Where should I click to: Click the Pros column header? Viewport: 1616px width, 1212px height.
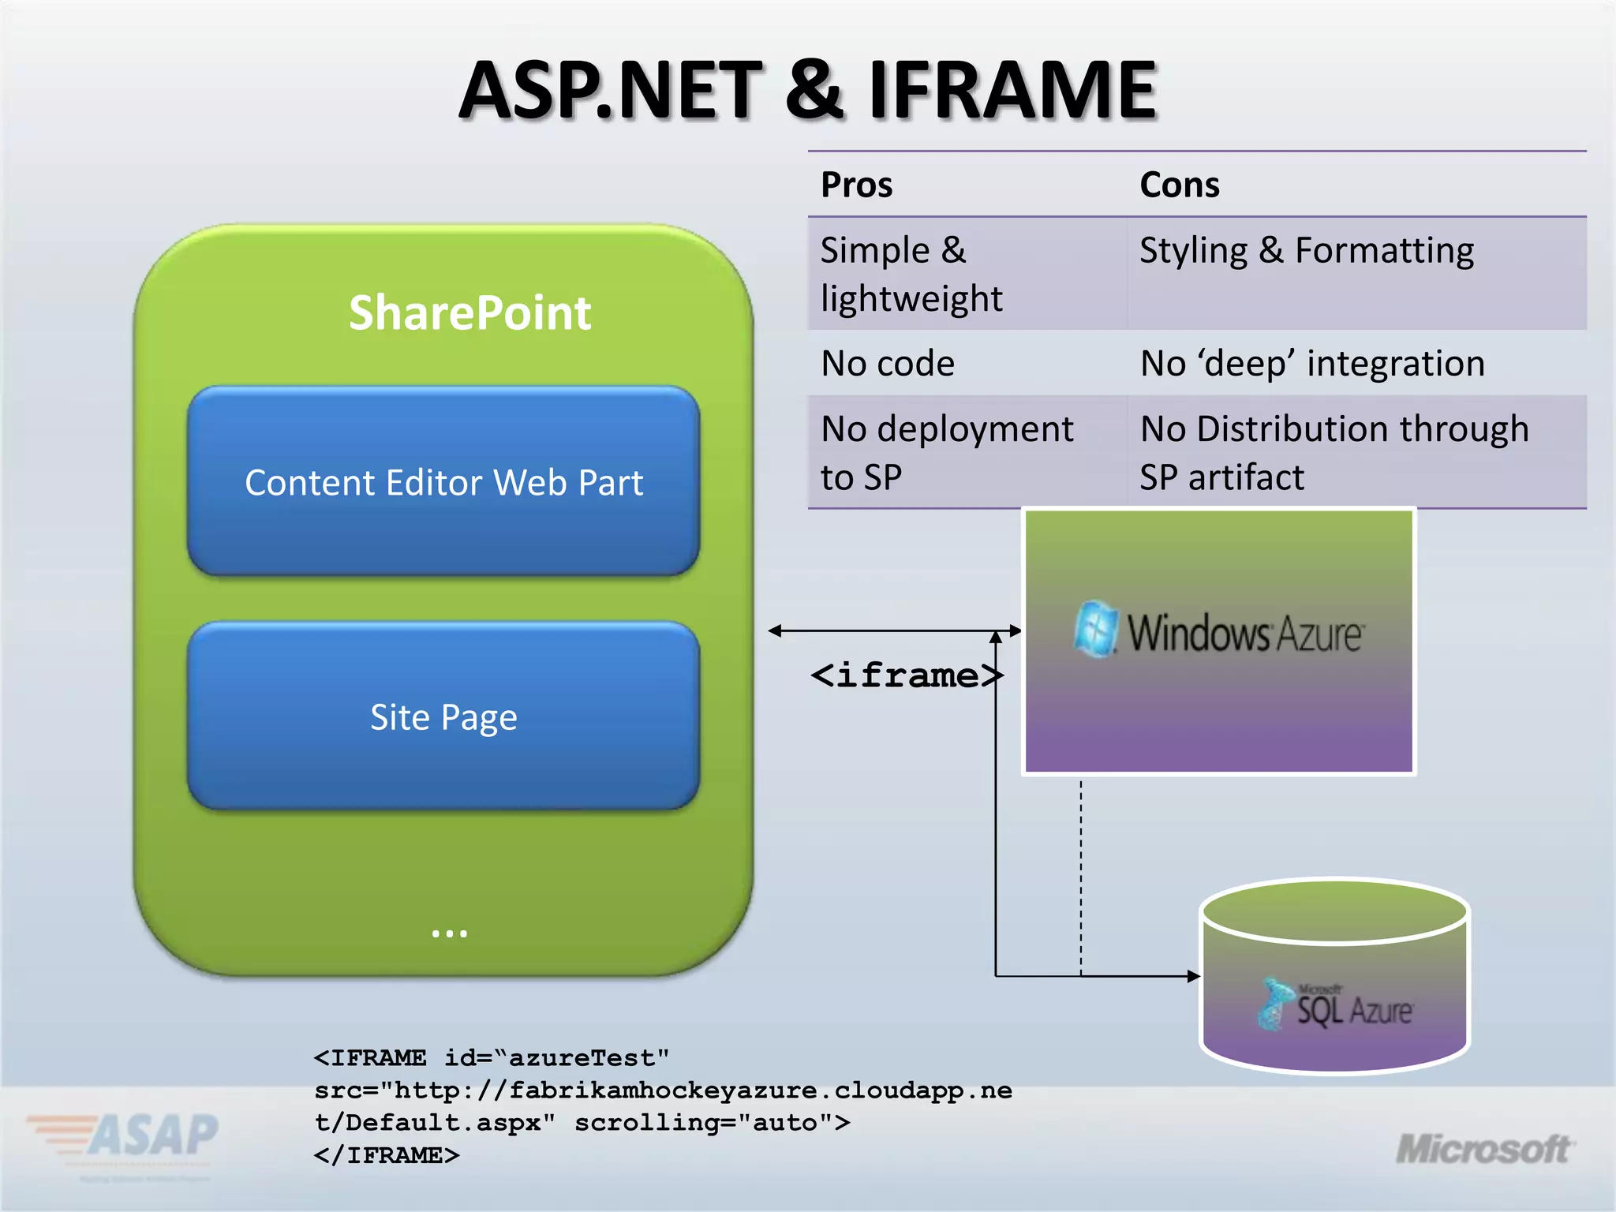point(857,185)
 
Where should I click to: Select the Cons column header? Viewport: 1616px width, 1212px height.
point(1180,185)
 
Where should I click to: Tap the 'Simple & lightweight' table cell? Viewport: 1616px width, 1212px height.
point(911,274)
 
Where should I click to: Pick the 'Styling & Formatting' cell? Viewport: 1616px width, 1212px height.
point(1307,251)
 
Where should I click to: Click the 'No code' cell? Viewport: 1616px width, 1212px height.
point(888,364)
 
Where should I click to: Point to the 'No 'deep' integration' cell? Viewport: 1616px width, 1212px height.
point(1312,364)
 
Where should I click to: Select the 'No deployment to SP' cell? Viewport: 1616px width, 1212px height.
point(946,453)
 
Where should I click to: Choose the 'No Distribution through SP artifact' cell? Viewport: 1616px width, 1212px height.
point(1334,453)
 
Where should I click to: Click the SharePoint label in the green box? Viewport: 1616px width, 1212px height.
point(469,313)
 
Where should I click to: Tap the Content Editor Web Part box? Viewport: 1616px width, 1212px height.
point(443,482)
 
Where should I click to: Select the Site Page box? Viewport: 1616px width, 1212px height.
point(443,717)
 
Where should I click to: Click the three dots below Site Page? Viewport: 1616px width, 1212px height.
point(449,933)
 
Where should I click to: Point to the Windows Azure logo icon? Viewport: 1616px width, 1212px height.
point(1096,629)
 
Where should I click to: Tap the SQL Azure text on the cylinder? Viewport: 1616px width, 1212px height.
point(1354,1010)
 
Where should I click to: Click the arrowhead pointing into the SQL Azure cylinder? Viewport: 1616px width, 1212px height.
point(1193,976)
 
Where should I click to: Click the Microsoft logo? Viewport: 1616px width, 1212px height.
point(1483,1150)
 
